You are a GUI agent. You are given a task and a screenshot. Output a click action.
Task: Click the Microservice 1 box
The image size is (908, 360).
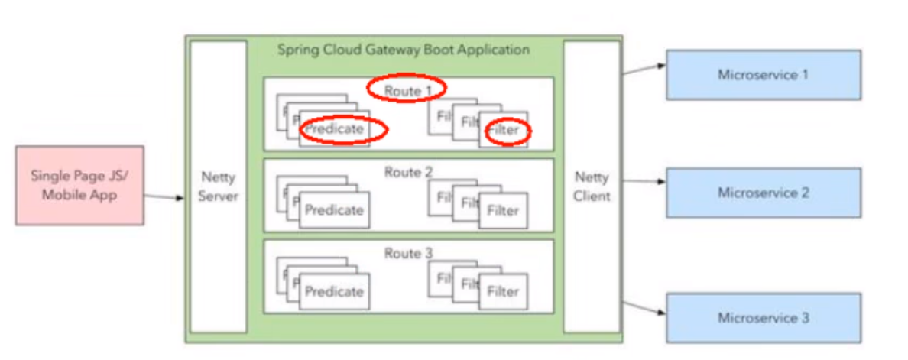(x=763, y=75)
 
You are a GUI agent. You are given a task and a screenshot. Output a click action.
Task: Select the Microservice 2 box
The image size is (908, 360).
(x=763, y=193)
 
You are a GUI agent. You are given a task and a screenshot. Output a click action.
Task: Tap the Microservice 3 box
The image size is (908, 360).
(x=763, y=317)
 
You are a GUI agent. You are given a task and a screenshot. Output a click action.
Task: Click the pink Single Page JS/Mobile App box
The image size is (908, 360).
(x=79, y=186)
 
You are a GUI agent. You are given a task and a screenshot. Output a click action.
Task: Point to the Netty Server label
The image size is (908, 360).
(x=219, y=186)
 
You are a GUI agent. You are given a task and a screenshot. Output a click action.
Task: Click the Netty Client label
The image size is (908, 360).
(x=592, y=186)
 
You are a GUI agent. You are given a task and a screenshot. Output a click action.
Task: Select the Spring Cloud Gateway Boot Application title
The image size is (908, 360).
(x=403, y=50)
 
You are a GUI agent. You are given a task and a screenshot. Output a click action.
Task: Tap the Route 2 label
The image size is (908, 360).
(x=404, y=172)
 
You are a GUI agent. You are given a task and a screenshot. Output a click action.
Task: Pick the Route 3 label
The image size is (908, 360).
(x=404, y=253)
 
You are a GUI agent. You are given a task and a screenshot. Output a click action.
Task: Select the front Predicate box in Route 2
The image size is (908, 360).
(x=334, y=210)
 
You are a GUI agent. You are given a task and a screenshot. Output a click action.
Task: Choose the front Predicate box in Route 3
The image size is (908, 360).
(x=334, y=291)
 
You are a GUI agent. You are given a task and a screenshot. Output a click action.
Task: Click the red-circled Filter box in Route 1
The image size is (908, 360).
(x=504, y=131)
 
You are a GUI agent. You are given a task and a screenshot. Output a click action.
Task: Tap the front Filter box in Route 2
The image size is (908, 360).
(x=503, y=210)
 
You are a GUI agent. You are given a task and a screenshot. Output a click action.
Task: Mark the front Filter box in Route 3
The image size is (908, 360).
(x=503, y=291)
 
